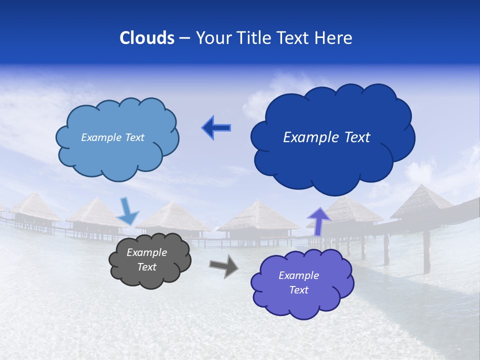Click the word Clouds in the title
(147, 38)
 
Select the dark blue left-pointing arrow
(216, 128)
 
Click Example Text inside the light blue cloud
(112, 137)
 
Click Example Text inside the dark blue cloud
(326, 137)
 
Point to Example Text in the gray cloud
(146, 259)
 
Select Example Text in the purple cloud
(298, 282)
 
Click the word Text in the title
(295, 38)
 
